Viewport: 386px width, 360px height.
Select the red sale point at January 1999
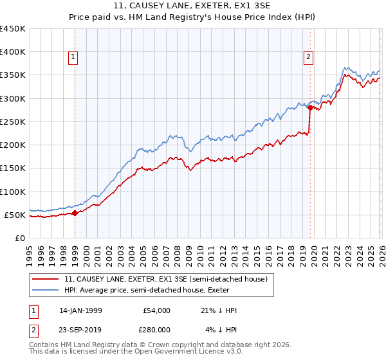75,213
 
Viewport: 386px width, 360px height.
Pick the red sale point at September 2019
310,108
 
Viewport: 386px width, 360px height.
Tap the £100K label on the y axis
13,192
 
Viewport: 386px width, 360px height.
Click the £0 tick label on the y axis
19,238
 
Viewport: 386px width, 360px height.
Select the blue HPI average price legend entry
160,290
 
